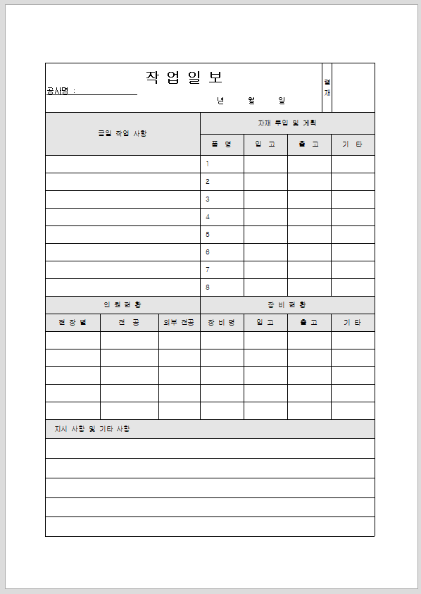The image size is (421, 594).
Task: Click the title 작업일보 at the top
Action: tap(184, 78)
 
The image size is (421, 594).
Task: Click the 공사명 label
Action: tap(59, 91)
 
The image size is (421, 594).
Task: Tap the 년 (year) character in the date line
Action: tap(220, 101)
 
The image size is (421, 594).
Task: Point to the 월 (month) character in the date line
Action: tap(251, 101)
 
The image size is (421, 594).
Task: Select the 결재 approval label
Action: tap(327, 87)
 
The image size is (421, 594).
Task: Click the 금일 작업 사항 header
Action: tap(122, 133)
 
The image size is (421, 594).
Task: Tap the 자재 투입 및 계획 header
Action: tap(287, 123)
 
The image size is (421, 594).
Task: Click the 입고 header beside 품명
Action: tap(265, 144)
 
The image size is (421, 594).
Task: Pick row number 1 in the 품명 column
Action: tap(208, 164)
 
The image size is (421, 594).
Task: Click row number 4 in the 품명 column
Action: tap(208, 217)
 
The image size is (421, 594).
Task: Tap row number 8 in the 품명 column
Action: tap(208, 287)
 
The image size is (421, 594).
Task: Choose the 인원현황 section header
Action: tap(122, 305)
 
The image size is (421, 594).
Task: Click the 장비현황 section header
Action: tap(287, 305)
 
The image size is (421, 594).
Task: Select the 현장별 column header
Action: tap(73, 323)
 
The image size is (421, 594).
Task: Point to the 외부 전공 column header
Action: tap(179, 323)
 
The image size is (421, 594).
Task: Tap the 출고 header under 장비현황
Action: tap(309, 323)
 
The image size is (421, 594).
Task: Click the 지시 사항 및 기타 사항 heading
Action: tap(92, 428)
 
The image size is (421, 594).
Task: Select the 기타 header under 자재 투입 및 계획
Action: tap(353, 144)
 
